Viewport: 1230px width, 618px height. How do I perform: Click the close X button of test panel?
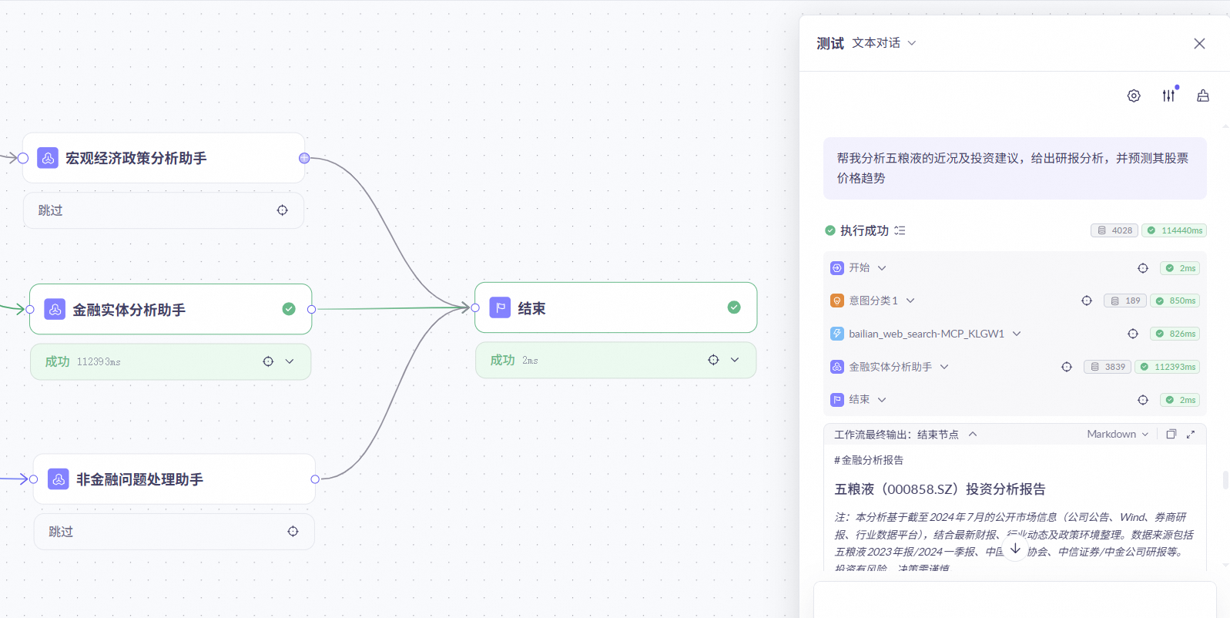[1199, 44]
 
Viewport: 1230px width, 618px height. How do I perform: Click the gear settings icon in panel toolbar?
[1134, 96]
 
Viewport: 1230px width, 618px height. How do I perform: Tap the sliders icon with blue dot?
[1169, 95]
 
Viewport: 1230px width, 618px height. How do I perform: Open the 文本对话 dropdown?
[884, 43]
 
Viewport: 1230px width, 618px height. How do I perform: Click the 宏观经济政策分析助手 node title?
[136, 158]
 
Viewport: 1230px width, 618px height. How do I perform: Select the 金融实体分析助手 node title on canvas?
[129, 310]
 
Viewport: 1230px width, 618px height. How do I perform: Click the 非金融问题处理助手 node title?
[139, 479]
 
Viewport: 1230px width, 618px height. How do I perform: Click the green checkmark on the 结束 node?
[734, 307]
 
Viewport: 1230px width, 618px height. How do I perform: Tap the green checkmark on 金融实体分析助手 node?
[289, 309]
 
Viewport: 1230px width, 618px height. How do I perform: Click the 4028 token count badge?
[1114, 230]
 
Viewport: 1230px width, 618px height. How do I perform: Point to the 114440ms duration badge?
[1175, 230]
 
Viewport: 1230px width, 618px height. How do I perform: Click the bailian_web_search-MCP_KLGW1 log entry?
[927, 334]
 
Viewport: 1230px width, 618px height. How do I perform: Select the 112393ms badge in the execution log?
[1168, 367]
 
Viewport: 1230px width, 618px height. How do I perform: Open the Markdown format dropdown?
[1118, 435]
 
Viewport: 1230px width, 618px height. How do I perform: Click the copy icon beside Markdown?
[1171, 435]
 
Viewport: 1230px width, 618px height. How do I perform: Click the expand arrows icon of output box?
[1191, 435]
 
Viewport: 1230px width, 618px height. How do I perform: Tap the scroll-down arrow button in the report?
[1015, 549]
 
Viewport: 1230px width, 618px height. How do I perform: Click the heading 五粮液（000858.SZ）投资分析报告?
[940, 489]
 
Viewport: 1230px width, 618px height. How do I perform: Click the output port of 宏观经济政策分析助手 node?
[304, 158]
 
